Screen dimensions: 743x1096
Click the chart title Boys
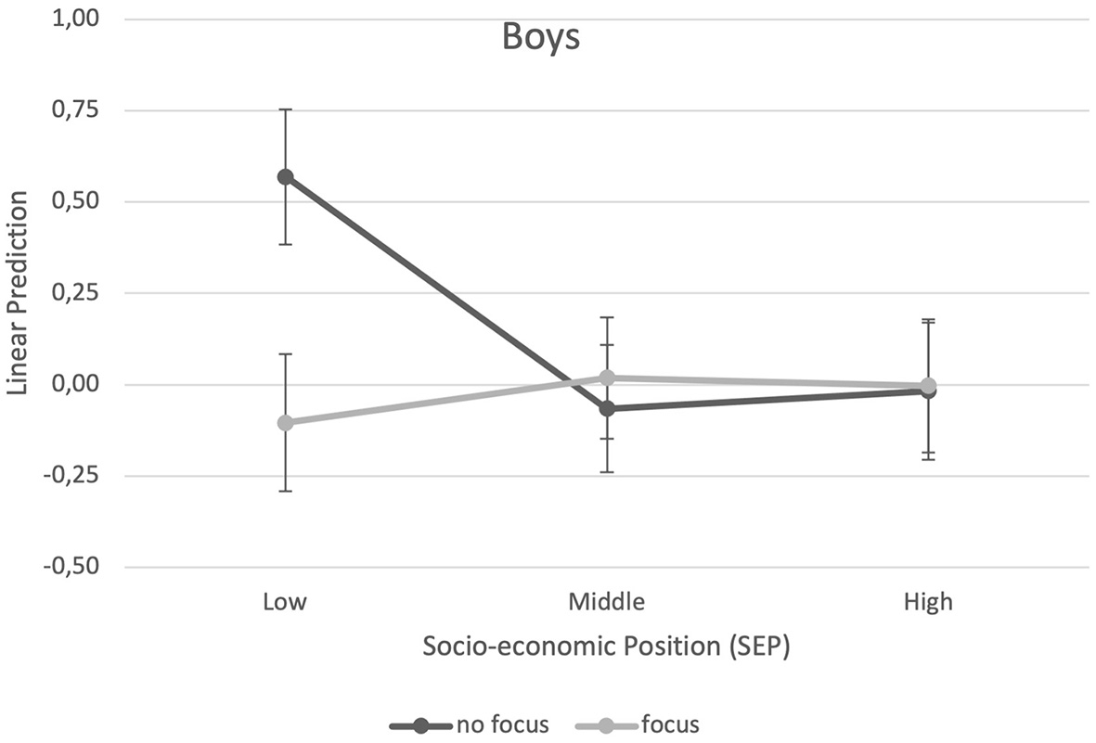[x=541, y=38]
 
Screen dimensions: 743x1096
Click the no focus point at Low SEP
[x=286, y=176]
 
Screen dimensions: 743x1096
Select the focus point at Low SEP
[x=286, y=423]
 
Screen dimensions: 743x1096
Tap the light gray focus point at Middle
[x=607, y=378]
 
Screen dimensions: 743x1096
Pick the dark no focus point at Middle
[x=607, y=408]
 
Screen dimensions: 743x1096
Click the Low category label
[x=286, y=602]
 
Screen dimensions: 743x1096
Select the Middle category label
[x=607, y=602]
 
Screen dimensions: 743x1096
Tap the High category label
[x=928, y=602]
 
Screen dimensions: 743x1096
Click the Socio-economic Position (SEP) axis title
[x=606, y=647]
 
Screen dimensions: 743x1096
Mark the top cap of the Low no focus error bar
[x=286, y=109]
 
